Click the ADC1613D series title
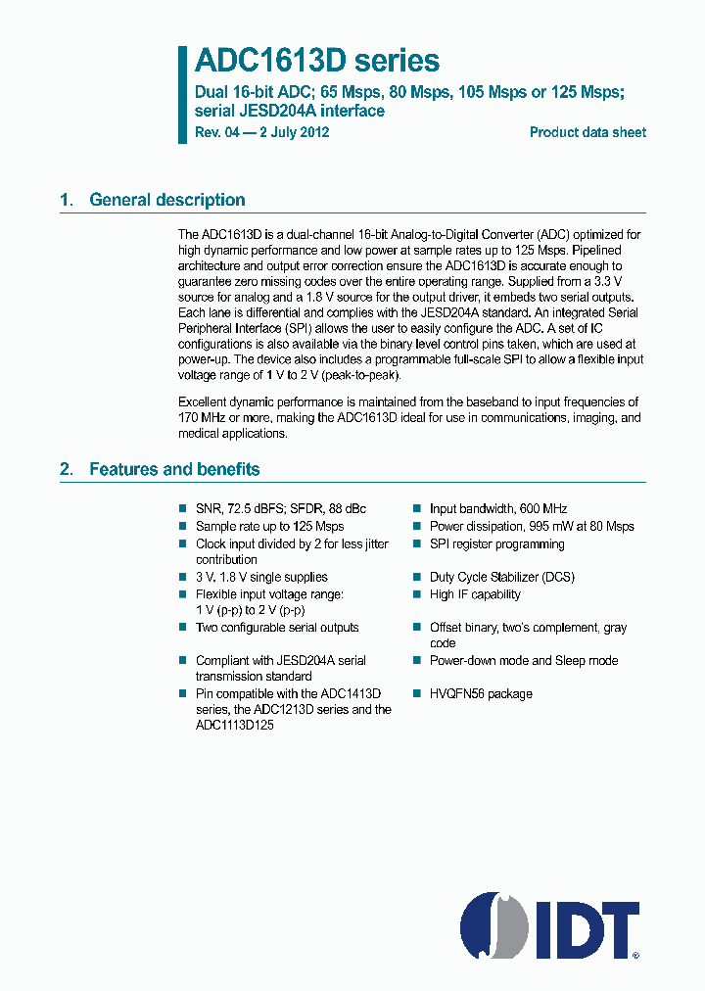tap(316, 61)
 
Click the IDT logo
tap(549, 924)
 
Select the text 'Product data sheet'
tap(587, 132)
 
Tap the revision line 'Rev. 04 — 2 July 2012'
tap(261, 132)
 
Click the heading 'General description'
tap(166, 200)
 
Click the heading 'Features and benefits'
tap(174, 469)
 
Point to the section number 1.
tap(66, 200)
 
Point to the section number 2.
tap(66, 469)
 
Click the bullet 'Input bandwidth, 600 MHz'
tap(497, 509)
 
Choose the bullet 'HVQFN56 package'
tap(481, 694)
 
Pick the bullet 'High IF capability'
tap(475, 594)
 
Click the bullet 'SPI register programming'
tap(497, 543)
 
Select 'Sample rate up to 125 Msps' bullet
tap(269, 527)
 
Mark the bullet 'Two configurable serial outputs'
tap(277, 628)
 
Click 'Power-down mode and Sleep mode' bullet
tap(523, 661)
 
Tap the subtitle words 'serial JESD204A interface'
tap(290, 111)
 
